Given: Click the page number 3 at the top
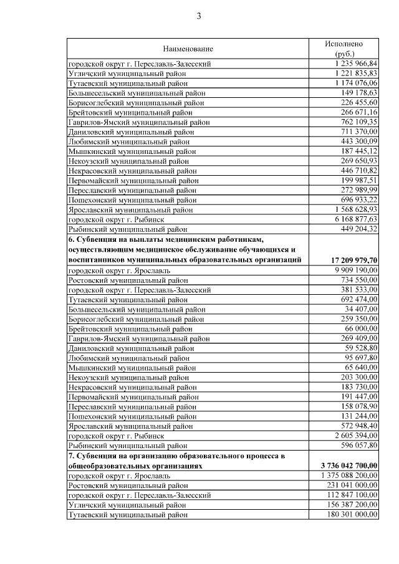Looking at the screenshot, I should (199, 16).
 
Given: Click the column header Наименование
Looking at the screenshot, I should (188, 49).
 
